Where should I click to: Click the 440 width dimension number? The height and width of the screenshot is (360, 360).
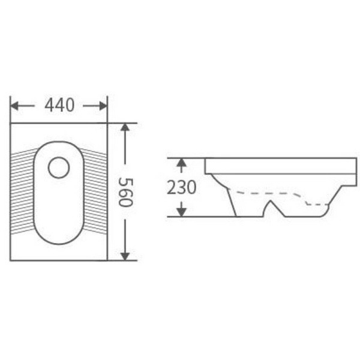(x=59, y=106)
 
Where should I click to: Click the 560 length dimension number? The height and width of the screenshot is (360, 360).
(x=125, y=193)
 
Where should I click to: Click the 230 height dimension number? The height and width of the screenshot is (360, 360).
(x=182, y=187)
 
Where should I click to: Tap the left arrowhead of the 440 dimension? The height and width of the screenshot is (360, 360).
(x=14, y=106)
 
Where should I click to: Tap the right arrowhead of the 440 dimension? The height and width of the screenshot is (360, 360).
(x=103, y=106)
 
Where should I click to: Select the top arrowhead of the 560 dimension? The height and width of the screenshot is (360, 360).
(x=125, y=127)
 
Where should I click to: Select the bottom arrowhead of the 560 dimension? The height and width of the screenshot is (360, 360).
(x=125, y=256)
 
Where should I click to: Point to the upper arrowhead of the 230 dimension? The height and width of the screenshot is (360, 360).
(x=182, y=162)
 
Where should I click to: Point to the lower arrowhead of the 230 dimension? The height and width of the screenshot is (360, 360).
(x=182, y=212)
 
